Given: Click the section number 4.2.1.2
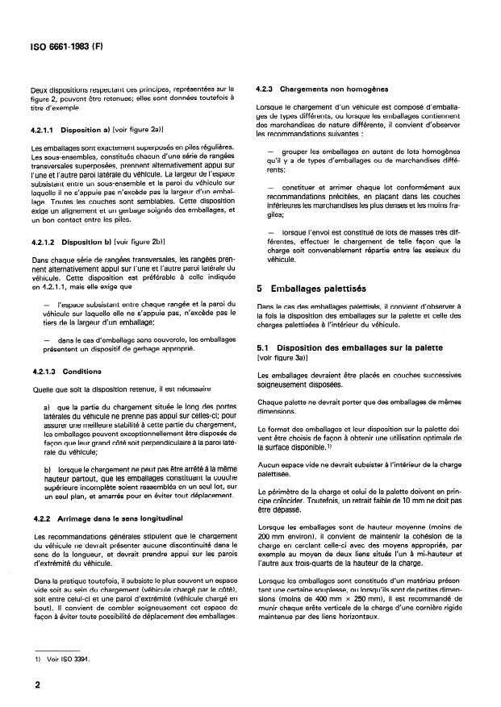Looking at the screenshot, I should [x=45, y=240].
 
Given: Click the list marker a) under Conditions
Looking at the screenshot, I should [x=48, y=406].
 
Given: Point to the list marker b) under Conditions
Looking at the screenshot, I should [x=48, y=468].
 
